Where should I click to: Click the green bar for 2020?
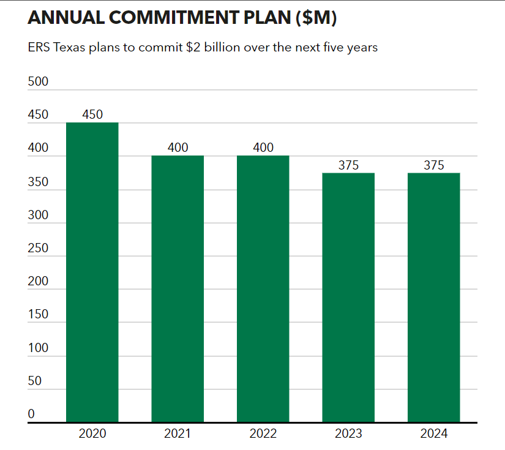(x=92, y=272)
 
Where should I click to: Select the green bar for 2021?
(x=178, y=289)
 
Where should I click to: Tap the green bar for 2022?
(x=263, y=289)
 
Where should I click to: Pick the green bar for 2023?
(x=348, y=298)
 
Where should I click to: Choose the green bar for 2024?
(x=433, y=298)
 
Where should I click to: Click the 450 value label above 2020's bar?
(x=92, y=114)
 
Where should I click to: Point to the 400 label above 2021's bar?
(x=178, y=148)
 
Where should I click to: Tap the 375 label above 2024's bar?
(x=433, y=165)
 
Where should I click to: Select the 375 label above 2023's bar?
(x=348, y=165)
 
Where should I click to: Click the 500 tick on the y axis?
(x=38, y=82)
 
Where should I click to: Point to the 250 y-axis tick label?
(x=38, y=248)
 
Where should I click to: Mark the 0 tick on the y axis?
(x=31, y=414)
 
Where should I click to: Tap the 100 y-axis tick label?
(x=38, y=348)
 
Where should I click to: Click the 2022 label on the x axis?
(x=263, y=434)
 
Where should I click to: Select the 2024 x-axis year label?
(x=433, y=434)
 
